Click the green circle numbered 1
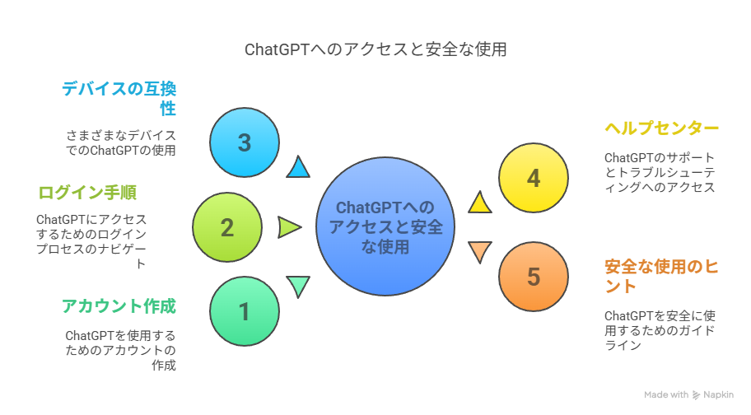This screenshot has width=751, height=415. click(x=245, y=312)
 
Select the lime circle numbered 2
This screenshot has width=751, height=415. click(x=227, y=227)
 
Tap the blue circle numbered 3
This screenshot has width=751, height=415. click(x=245, y=142)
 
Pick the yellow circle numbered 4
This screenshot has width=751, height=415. click(x=534, y=178)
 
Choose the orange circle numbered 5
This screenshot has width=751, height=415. click(x=534, y=277)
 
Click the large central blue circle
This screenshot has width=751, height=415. click(x=386, y=227)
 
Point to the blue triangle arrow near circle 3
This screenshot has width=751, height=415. click(x=298, y=168)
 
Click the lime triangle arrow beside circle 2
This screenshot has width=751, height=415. click(x=289, y=227)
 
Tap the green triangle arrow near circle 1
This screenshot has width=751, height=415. click(x=298, y=286)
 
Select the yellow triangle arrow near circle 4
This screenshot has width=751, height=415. click(x=479, y=203)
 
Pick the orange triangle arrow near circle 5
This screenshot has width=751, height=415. click(x=479, y=251)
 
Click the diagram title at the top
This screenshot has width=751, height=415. click(x=375, y=49)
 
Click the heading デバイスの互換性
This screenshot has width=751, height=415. click(x=120, y=98)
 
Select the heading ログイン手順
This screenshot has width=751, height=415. click(x=87, y=193)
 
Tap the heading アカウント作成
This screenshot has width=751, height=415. click(x=119, y=306)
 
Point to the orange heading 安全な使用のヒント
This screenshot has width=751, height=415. click(x=660, y=276)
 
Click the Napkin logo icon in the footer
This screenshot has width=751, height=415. click(x=696, y=395)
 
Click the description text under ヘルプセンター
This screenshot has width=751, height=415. click(x=660, y=172)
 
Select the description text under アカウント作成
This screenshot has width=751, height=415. click(x=120, y=350)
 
